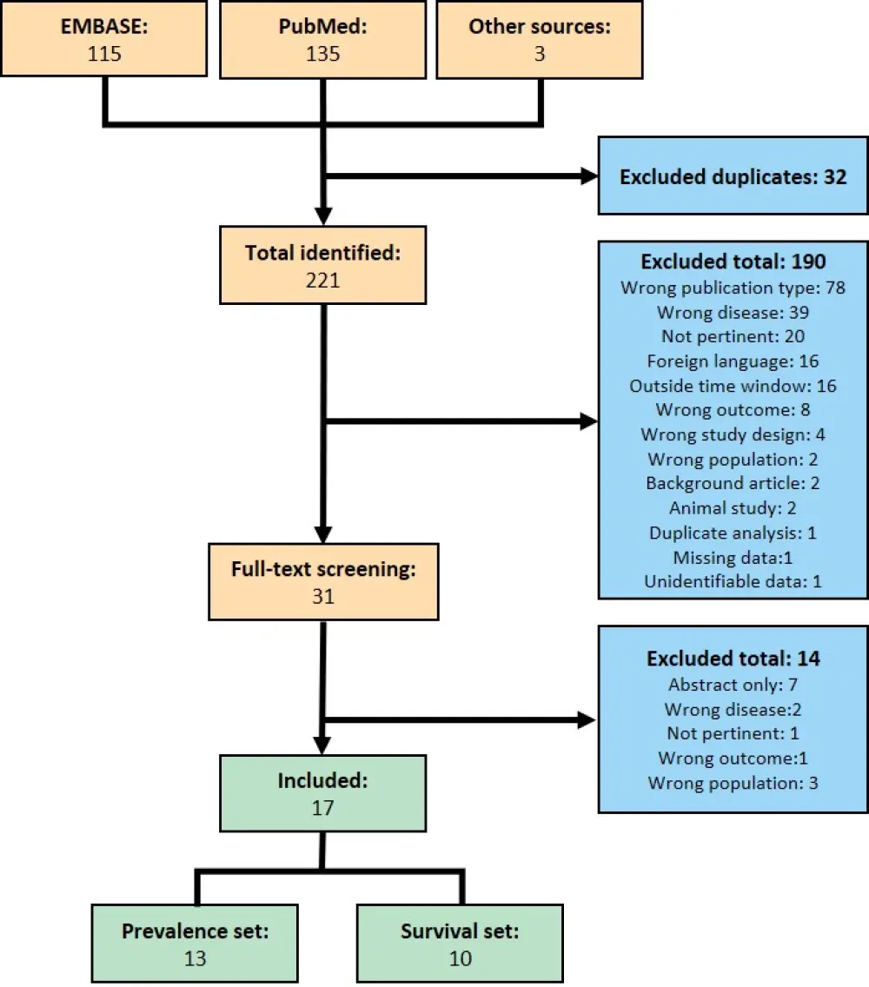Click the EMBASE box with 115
click(x=104, y=39)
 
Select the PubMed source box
click(x=322, y=39)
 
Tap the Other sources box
click(x=540, y=39)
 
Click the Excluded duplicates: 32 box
click(x=733, y=176)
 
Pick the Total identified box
click(x=322, y=265)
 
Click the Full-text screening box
click(x=322, y=582)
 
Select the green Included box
click(x=322, y=793)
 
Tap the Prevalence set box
click(x=196, y=944)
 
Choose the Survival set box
click(x=460, y=944)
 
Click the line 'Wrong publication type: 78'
click(x=733, y=287)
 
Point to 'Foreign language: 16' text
click(x=733, y=361)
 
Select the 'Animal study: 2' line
click(x=733, y=508)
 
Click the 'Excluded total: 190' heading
click(x=733, y=262)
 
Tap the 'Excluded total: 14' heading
click(x=733, y=659)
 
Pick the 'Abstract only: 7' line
click(x=733, y=686)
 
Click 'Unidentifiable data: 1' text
click(x=733, y=581)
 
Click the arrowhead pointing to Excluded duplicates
click(x=588, y=176)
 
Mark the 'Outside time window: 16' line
click(x=733, y=385)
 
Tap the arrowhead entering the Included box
click(x=322, y=745)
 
